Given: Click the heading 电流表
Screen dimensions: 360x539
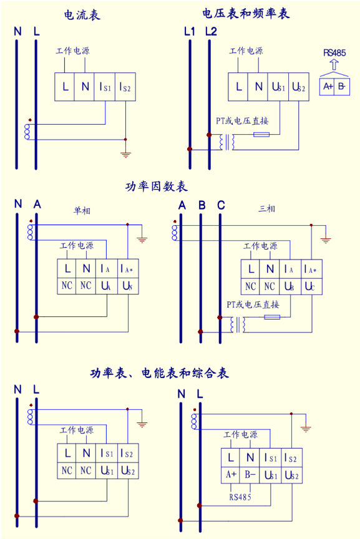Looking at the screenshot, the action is tap(82, 15).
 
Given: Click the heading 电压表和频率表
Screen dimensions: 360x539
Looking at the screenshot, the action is tap(246, 13).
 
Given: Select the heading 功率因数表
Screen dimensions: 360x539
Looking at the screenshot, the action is tap(157, 187).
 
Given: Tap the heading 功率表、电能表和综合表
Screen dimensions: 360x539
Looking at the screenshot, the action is tap(159, 373).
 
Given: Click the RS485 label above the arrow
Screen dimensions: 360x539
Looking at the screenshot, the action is tap(334, 53).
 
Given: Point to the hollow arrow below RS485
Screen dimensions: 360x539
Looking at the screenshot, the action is tap(334, 65).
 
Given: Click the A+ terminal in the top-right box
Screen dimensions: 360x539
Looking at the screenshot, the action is tap(328, 86).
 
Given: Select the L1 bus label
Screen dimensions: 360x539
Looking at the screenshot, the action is tap(190, 32).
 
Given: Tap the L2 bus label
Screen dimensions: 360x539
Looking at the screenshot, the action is tap(211, 32).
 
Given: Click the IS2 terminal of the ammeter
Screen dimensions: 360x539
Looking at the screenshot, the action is tap(125, 87).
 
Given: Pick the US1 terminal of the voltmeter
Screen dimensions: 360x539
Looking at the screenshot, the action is tap(278, 87).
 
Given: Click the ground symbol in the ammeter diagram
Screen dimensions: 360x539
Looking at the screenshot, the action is tap(126, 153).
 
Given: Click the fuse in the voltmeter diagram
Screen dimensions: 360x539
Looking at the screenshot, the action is tap(261, 134).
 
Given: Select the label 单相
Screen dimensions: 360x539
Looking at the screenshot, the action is tap(82, 210).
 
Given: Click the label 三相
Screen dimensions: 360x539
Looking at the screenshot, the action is tap(266, 208).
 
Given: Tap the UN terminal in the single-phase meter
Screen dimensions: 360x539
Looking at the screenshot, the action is tap(127, 286).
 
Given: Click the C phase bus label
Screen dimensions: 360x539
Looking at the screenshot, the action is tap(221, 205).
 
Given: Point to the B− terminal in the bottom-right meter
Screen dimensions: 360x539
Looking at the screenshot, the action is tap(250, 475).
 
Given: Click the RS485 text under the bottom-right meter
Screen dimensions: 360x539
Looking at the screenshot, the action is tap(240, 497).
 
